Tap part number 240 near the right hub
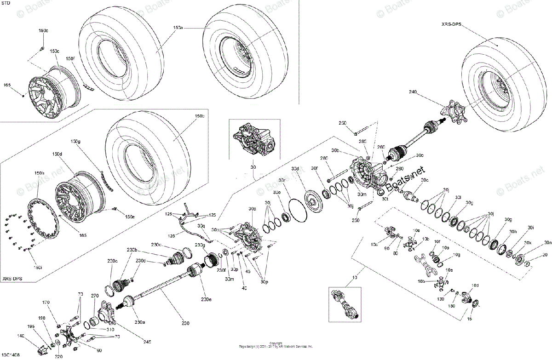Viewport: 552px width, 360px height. point(413,92)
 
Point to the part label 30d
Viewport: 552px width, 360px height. point(295,169)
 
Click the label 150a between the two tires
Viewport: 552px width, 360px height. point(178,28)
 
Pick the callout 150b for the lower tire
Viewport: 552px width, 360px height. point(199,116)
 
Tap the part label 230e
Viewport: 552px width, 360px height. point(206,300)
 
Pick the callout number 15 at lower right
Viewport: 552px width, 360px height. point(469,318)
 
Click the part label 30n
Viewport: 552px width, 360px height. point(547,242)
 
